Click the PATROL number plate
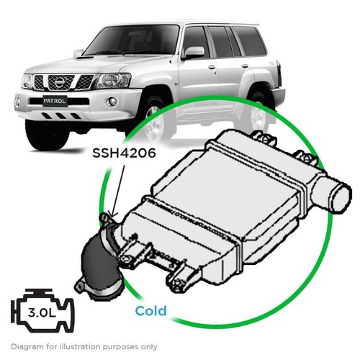pos(55,101)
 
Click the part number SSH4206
pos(124,153)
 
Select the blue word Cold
pos(150,311)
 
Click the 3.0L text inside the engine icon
pos(42,312)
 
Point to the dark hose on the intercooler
pos(101,261)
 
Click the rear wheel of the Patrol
pos(258,115)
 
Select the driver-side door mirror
pos(194,53)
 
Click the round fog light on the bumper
pos(111,102)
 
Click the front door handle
pos(212,67)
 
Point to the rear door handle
pos(245,66)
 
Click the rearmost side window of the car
pos(250,40)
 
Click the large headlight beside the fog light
pos(113,81)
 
